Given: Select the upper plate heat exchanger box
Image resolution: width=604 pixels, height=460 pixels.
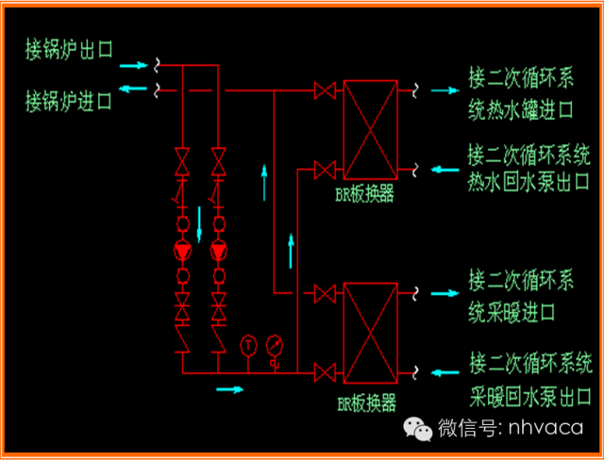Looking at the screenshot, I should pyautogui.click(x=369, y=131).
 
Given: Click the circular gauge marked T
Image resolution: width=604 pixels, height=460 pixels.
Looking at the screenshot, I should pyautogui.click(x=248, y=343).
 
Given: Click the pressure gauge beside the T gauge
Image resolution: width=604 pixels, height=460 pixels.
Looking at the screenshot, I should pyautogui.click(x=274, y=343).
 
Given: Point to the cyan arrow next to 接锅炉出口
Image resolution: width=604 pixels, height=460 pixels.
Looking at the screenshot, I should pyautogui.click(x=134, y=65).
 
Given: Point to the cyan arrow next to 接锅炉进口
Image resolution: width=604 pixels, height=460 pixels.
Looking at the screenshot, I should pyautogui.click(x=134, y=90).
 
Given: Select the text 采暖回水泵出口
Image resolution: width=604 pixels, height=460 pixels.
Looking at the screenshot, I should pyautogui.click(x=528, y=392).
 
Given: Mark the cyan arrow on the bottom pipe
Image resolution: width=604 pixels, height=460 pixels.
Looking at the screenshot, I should pyautogui.click(x=229, y=387).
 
